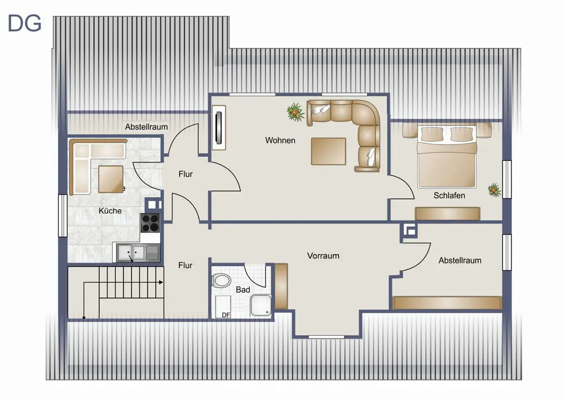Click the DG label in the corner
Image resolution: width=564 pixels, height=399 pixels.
click(x=24, y=23)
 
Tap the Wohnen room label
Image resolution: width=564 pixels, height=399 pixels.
click(x=280, y=141)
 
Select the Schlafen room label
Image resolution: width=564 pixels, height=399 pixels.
click(x=450, y=195)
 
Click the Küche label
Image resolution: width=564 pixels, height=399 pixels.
click(x=110, y=211)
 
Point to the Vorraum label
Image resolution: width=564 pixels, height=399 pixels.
click(x=323, y=256)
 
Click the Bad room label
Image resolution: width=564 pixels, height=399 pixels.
click(x=243, y=290)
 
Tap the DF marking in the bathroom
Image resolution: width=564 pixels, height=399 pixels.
click(x=226, y=315)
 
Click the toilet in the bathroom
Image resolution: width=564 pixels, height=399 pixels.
click(x=222, y=280)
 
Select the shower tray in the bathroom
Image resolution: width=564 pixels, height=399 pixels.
click(x=261, y=305)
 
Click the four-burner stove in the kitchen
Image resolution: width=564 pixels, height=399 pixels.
click(x=150, y=223)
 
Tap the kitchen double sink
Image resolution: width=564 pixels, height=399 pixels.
click(x=138, y=252)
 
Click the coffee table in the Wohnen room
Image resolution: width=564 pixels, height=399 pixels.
click(x=328, y=151)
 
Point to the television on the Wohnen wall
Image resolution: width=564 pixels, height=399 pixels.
click(x=219, y=128)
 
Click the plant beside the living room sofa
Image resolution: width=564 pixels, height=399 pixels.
click(x=296, y=112)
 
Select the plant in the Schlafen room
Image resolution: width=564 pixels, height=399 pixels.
click(x=495, y=190)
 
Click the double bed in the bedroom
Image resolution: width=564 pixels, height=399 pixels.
click(x=447, y=156)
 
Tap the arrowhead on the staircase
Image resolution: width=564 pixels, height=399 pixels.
click(x=161, y=282)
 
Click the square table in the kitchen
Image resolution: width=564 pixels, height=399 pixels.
click(x=111, y=179)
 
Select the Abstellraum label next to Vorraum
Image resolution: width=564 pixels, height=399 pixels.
click(x=460, y=261)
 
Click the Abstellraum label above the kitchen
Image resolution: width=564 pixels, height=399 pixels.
click(x=147, y=127)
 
